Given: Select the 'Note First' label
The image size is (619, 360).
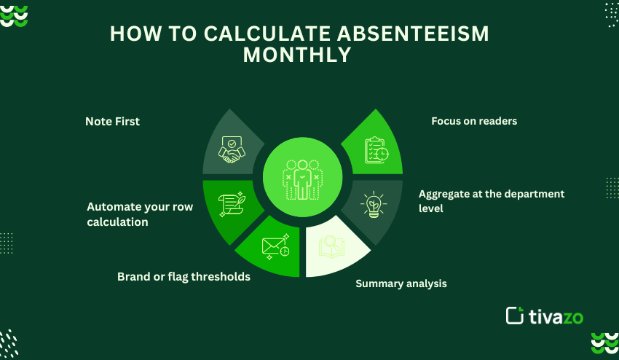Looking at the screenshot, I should pyautogui.click(x=112, y=122).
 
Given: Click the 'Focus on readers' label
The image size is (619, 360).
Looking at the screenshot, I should pyautogui.click(x=474, y=121).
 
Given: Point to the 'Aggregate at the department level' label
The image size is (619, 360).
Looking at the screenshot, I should pyautogui.click(x=492, y=200).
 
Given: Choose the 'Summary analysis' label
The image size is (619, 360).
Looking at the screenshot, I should pyautogui.click(x=401, y=283).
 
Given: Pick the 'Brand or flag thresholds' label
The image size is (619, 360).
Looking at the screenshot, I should pyautogui.click(x=184, y=277).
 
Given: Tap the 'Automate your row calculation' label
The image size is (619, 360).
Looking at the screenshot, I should pyautogui.click(x=140, y=214).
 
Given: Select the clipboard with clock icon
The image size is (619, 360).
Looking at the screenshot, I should pyautogui.click(x=376, y=150).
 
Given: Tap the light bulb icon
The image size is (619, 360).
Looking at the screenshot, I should pyautogui.click(x=374, y=205).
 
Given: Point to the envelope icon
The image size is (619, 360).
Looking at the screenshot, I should pyautogui.click(x=275, y=246).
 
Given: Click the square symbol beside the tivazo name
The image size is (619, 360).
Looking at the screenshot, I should pyautogui.click(x=515, y=316).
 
